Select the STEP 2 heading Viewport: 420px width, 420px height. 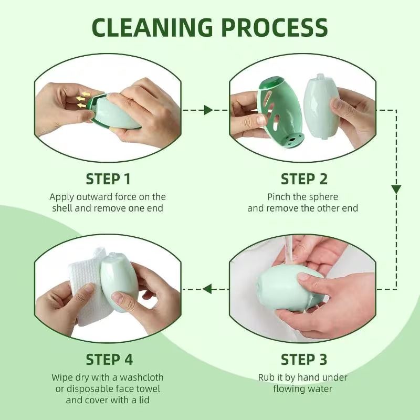[303, 179]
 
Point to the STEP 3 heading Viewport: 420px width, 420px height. [303, 360]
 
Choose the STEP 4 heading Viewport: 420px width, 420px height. [109, 360]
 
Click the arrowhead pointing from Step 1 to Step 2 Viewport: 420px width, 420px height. [208, 110]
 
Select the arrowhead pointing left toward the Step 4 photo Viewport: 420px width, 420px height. [208, 288]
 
